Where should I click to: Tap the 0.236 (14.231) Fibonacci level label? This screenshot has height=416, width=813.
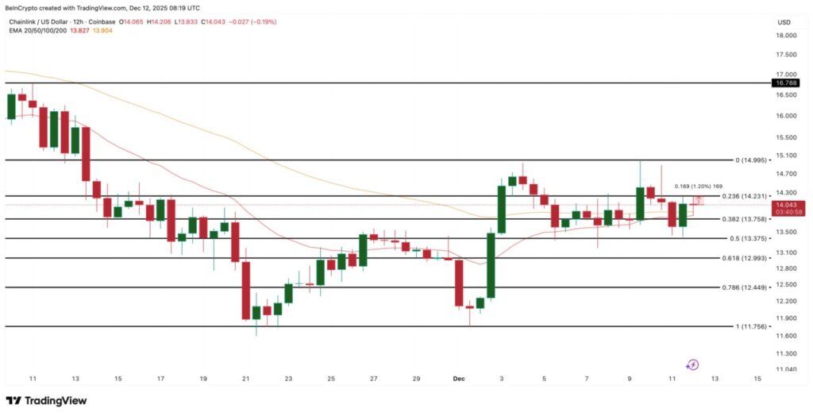(746, 196)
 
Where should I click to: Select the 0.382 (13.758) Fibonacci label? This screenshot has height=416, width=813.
(746, 219)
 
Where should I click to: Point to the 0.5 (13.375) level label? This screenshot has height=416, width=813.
(748, 238)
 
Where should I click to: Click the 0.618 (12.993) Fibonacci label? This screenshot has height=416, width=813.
(746, 258)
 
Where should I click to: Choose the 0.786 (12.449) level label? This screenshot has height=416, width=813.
(746, 287)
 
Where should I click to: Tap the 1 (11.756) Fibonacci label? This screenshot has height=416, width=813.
(749, 326)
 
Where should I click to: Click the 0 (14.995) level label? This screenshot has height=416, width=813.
(749, 160)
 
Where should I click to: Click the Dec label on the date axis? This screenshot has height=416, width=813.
(459, 379)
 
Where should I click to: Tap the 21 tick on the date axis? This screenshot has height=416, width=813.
(246, 379)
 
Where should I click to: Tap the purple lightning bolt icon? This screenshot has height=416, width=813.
(692, 364)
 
